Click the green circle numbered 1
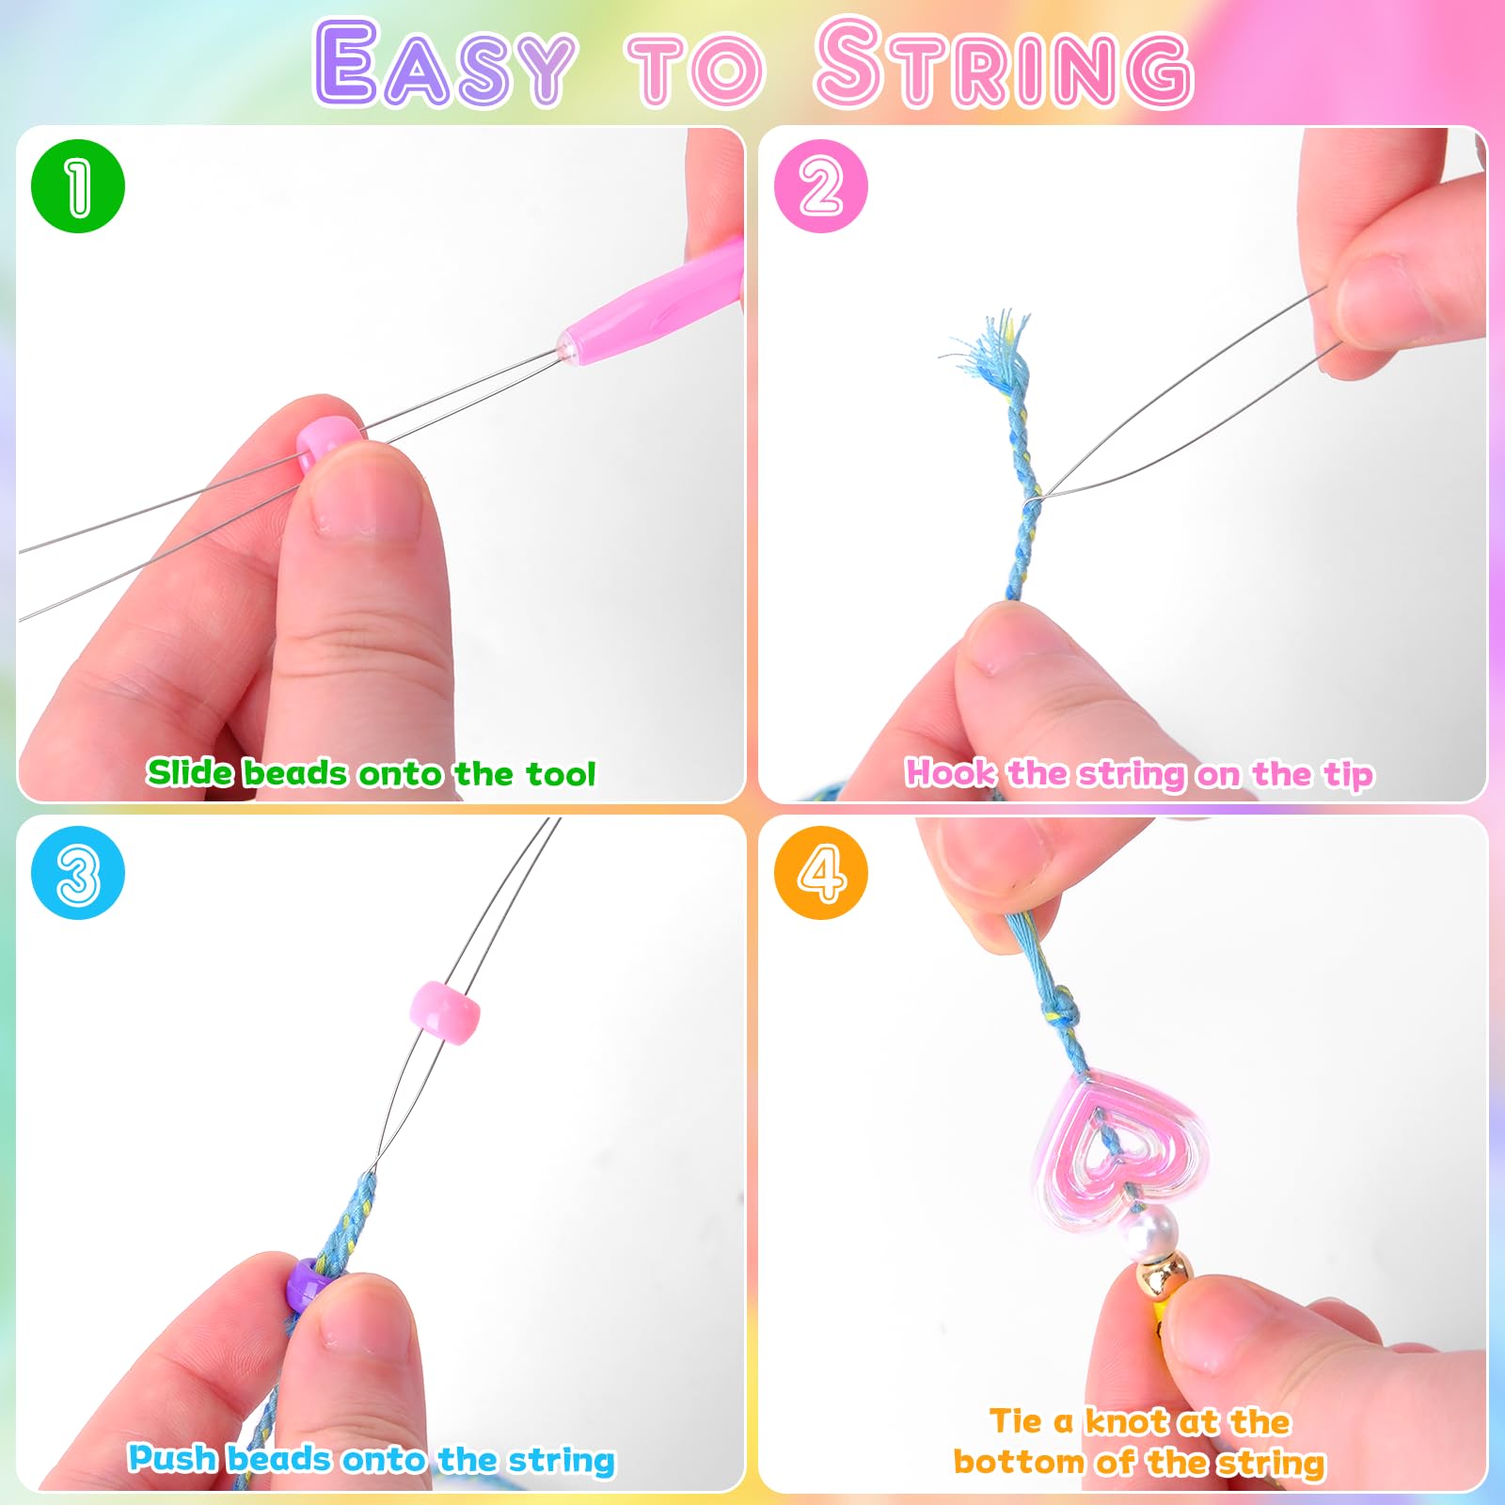(78, 186)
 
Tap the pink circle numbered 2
(821, 186)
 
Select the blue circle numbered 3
(78, 873)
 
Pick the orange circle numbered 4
(821, 873)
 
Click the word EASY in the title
(444, 64)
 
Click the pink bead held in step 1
(329, 442)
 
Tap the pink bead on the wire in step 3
(445, 1013)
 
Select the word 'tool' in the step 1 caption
(561, 773)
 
